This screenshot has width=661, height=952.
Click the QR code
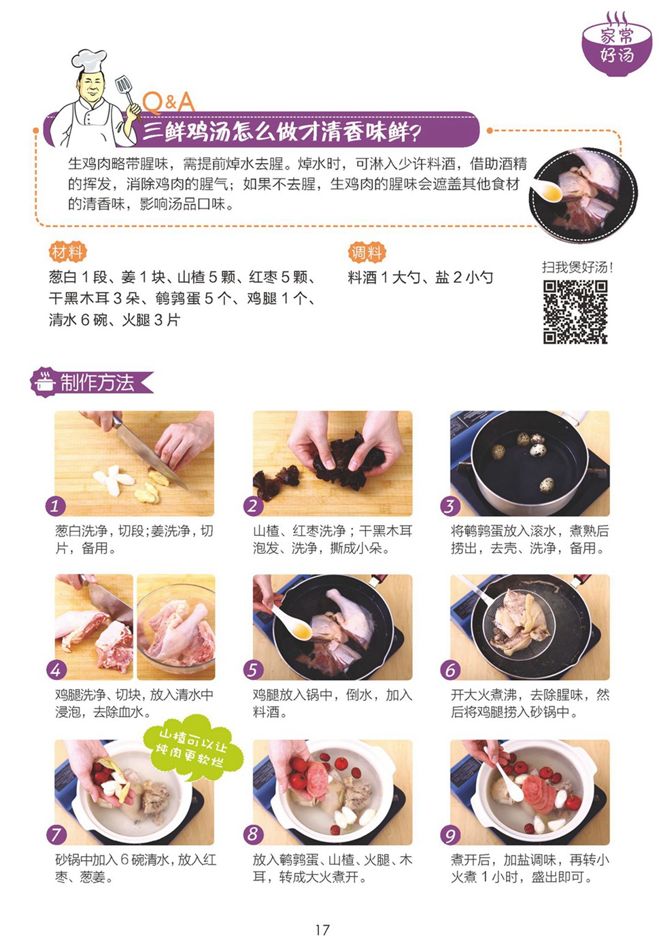pos(575,312)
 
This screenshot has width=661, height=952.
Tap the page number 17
pos(322,930)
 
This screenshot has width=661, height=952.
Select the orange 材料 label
pos(67,252)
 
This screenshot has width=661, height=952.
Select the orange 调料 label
pos(367,252)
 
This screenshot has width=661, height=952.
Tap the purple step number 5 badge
pos(253,670)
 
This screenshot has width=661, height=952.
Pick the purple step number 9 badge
pos(450,836)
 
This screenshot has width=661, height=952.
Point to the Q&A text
pos(169,103)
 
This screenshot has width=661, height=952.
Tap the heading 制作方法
pos(97,382)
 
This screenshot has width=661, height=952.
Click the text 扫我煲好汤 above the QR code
pos(577,267)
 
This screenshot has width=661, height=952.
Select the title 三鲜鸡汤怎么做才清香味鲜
pos(281,131)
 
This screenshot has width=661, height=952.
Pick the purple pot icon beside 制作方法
pos(45,381)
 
